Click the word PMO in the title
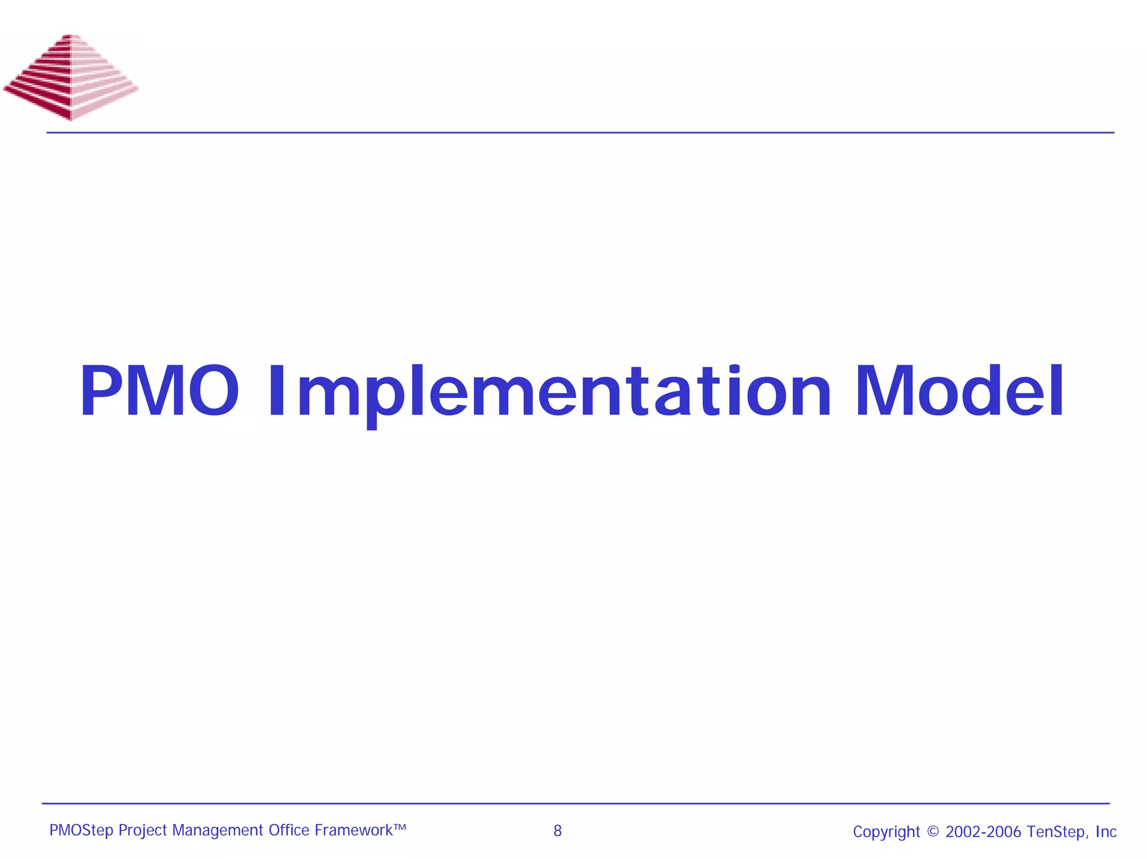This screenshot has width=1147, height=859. tap(160, 391)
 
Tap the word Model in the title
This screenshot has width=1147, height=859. tap(959, 391)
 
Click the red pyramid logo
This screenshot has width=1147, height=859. tap(71, 77)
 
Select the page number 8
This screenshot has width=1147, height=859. tap(557, 831)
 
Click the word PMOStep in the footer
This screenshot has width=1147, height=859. tap(81, 830)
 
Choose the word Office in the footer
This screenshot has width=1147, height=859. tap(288, 830)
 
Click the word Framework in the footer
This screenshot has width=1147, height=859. tap(353, 830)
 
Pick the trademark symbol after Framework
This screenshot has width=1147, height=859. tap(399, 827)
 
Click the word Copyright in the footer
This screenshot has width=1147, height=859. tap(886, 832)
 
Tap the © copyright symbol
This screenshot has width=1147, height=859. tap(932, 832)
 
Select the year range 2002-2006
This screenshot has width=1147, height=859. tap(983, 832)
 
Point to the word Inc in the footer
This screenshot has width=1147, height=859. tap(1106, 832)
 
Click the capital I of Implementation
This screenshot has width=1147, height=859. tap(277, 391)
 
